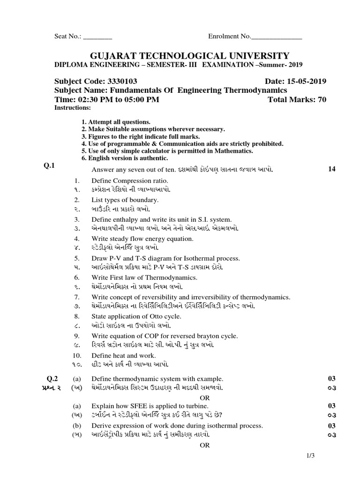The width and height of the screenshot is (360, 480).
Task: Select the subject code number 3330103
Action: [x=120, y=81]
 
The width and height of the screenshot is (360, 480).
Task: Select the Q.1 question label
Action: [x=50, y=165]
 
